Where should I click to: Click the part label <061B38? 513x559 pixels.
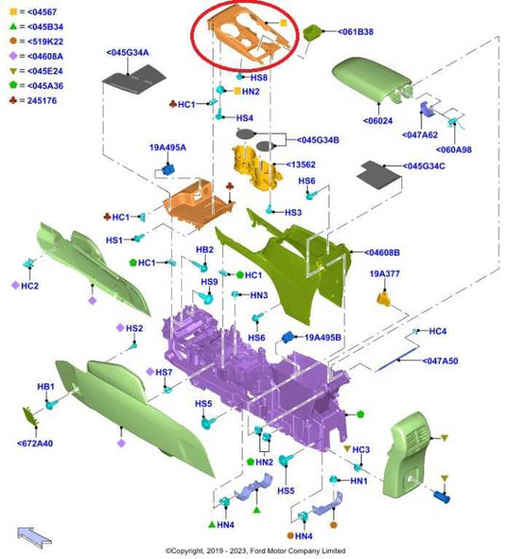click(355, 32)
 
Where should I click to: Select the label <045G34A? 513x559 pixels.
click(127, 53)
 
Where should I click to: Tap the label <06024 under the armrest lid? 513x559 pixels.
click(378, 121)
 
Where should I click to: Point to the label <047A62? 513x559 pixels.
click(420, 135)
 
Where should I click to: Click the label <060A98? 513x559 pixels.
click(453, 150)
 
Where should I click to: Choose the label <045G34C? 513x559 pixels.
click(423, 166)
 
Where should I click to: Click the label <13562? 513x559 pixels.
click(300, 165)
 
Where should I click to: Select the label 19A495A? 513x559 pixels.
click(167, 147)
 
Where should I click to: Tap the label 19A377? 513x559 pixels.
click(385, 274)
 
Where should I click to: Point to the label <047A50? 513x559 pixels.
click(440, 361)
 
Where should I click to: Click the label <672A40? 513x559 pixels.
click(35, 444)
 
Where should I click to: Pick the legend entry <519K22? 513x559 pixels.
click(45, 41)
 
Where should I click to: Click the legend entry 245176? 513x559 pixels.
click(41, 100)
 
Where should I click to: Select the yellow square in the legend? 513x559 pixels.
click(13, 13)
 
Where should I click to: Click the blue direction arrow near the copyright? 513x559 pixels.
click(35, 537)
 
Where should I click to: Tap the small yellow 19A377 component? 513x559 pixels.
click(383, 298)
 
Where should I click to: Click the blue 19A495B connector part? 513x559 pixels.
click(288, 337)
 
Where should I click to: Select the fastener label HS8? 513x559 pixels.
click(259, 78)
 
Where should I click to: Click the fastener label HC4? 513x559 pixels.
click(437, 331)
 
